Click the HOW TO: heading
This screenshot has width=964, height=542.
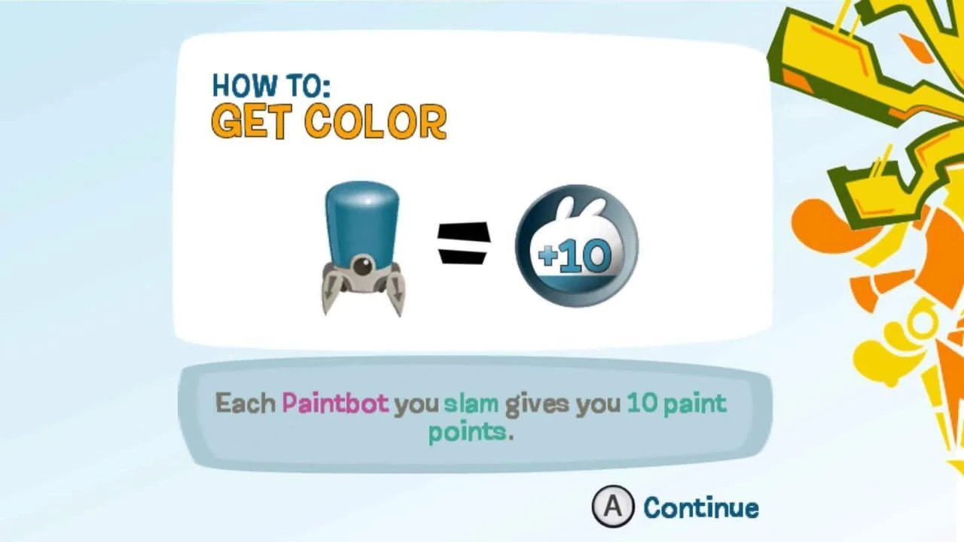271,85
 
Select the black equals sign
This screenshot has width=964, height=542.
463,243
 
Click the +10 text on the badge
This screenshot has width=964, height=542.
575,255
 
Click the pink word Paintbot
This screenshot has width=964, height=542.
335,403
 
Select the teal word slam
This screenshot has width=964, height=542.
471,403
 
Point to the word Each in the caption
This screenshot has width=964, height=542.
246,403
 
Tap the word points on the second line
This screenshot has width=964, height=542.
468,432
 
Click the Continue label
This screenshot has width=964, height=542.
701,507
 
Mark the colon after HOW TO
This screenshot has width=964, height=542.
326,87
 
